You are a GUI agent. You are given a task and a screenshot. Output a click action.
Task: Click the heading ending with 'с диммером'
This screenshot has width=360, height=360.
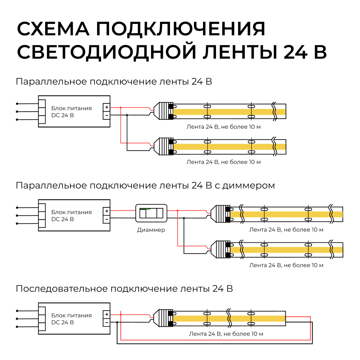pos(145,185)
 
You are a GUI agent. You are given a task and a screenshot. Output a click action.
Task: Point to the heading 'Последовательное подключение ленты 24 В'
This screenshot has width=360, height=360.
pos(124,289)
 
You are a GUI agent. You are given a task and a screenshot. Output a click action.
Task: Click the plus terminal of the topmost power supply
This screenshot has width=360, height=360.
pos(106,107)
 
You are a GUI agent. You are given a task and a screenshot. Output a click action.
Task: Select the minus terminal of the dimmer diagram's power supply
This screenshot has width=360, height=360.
pos(106,219)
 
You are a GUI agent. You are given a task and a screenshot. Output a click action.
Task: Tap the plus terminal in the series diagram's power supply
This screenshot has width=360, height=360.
pos(106,314)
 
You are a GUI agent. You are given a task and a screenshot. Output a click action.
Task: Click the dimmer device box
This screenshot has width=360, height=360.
pos(151,213)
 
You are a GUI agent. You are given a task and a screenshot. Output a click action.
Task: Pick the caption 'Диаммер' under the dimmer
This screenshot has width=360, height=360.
pos(151,230)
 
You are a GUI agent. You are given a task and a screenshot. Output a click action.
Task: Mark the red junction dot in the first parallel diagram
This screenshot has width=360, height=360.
pos(121,107)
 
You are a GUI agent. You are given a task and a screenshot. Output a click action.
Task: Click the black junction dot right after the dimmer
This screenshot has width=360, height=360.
pos(184,218)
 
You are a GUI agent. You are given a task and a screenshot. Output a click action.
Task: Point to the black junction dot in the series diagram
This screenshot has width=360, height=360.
pos(117,322)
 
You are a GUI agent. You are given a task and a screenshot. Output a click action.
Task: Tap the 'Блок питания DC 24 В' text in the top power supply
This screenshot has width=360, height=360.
pos(71,112)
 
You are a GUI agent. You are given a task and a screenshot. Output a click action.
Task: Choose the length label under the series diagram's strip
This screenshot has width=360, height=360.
pos(226,334)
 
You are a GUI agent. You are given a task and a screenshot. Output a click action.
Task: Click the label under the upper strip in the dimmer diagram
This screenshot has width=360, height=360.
pos(286,230)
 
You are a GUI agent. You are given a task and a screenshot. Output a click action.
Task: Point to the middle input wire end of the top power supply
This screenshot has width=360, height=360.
pos(17,112)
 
